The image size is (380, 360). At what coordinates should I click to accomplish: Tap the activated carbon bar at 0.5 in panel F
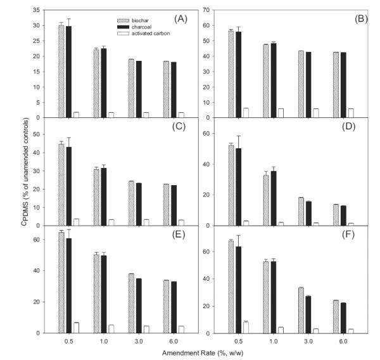coord(246,327)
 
